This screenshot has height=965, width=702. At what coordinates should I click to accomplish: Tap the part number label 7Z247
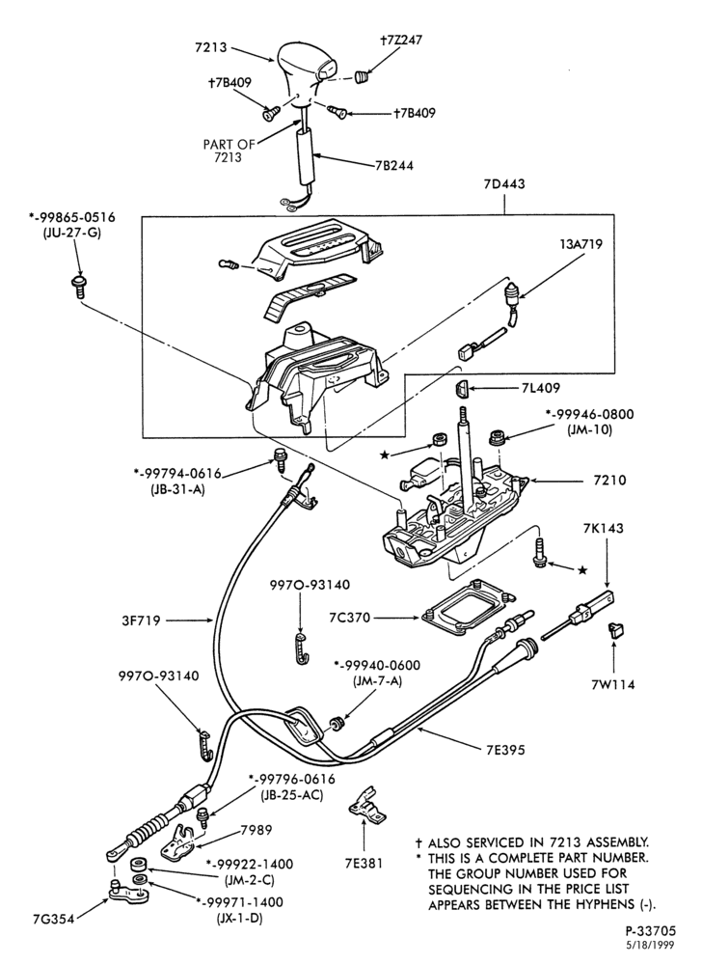tap(401, 41)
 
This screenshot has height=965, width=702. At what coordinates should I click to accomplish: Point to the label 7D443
tap(504, 184)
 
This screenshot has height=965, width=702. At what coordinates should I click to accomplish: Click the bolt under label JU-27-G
tap(77, 287)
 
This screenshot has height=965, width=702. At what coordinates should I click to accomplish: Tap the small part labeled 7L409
tap(462, 387)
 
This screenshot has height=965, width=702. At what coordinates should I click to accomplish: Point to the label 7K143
tap(603, 528)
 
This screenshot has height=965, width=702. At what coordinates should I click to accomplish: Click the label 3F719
tap(141, 620)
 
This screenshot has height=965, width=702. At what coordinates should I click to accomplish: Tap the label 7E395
tap(504, 750)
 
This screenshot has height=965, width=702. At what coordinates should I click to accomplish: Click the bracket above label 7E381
tap(367, 805)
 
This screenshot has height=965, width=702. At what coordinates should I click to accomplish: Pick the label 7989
tap(256, 830)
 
